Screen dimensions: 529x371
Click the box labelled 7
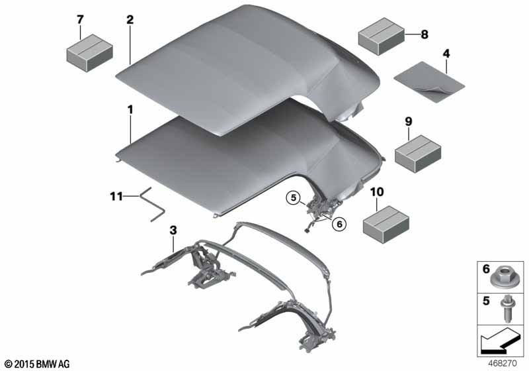(89, 53)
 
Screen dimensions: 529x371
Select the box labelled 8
(382, 36)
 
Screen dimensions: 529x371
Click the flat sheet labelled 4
(429, 81)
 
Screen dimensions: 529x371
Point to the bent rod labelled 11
(153, 206)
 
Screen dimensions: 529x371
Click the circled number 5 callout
(294, 197)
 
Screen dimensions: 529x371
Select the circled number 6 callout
(339, 224)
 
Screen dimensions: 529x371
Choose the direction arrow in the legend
(500, 341)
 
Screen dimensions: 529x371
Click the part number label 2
(130, 20)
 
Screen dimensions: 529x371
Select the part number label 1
(130, 110)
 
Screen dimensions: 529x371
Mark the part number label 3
(173, 231)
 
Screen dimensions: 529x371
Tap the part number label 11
(116, 196)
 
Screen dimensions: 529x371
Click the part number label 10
(377, 192)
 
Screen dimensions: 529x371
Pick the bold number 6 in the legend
(486, 269)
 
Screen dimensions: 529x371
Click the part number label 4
(446, 54)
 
